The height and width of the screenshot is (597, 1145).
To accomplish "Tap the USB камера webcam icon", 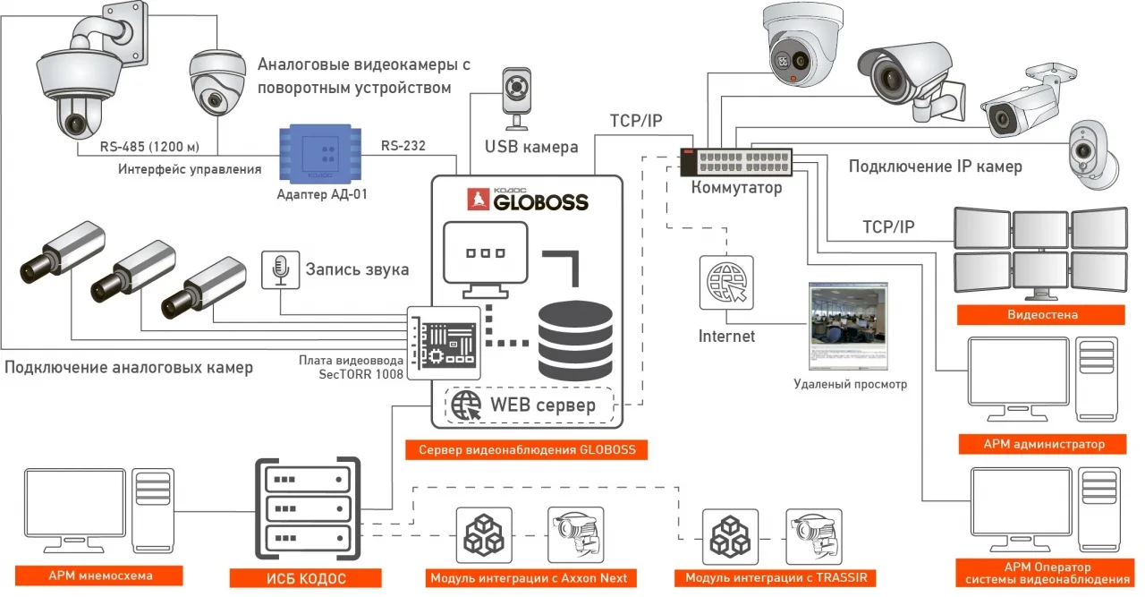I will point(516,97).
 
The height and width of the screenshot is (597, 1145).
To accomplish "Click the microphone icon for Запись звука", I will point(280,269).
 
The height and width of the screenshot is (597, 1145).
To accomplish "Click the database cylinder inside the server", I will point(574,341).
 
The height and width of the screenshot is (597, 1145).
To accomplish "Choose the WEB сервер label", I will point(542,405).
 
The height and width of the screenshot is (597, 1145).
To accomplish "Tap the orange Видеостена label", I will point(1042,314).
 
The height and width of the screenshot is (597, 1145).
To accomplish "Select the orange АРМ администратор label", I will point(1043,444).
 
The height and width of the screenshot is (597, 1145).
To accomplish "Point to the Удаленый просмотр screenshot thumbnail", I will point(848,327).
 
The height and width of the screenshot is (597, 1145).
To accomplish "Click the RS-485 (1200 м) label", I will point(147,146).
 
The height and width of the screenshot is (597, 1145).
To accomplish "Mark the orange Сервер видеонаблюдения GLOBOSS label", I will point(527,449).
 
